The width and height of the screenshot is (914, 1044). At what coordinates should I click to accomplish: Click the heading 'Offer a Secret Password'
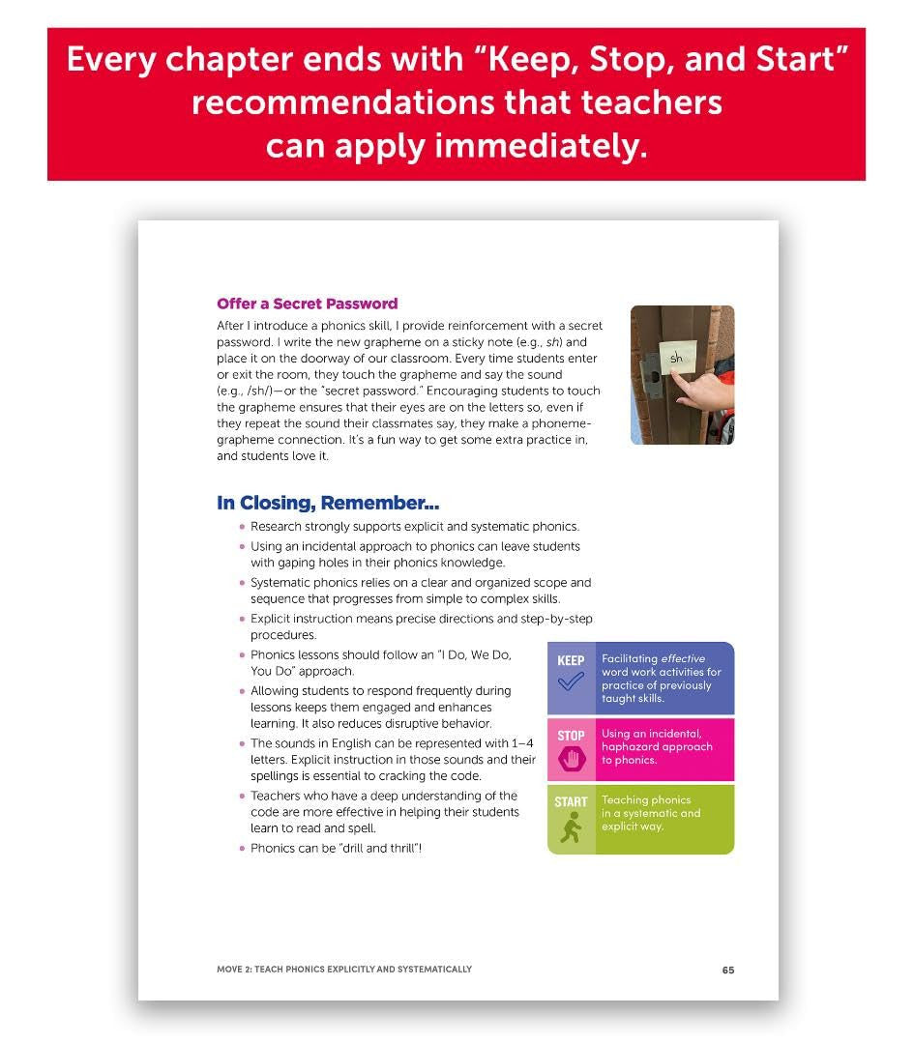(x=307, y=304)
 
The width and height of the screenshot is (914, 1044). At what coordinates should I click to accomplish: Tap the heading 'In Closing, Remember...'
(x=328, y=503)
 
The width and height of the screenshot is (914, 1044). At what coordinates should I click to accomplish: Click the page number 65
(x=727, y=970)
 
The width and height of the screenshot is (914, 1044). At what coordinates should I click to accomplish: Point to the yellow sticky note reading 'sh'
(x=676, y=359)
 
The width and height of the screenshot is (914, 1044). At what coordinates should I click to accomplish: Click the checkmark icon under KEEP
(x=571, y=682)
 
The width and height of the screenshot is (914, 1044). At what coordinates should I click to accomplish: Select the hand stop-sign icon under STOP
(x=571, y=758)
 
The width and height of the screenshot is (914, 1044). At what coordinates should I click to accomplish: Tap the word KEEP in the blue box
(x=571, y=660)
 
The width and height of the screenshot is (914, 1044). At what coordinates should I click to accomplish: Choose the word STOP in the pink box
(x=571, y=736)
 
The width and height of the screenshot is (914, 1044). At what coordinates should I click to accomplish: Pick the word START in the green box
(x=571, y=801)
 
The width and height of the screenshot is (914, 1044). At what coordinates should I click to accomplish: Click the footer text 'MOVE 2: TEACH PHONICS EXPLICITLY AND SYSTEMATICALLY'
(x=344, y=969)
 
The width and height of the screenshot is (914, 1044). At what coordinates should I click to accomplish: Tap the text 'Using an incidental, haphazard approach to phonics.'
(x=657, y=746)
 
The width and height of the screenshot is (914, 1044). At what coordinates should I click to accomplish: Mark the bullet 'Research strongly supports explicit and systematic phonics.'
(x=415, y=527)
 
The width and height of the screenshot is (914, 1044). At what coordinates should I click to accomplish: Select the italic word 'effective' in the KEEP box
(x=684, y=659)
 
